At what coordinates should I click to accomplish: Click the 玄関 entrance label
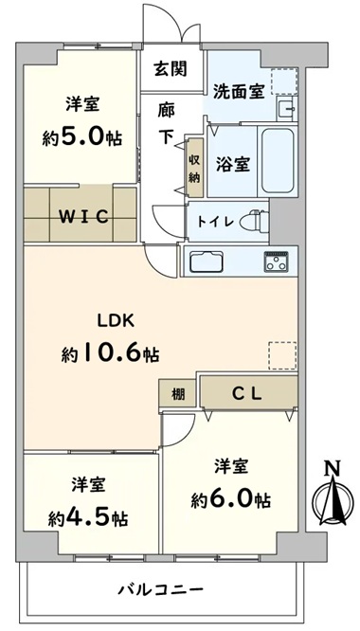click(171, 69)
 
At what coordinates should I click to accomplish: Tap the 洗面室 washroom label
click(239, 92)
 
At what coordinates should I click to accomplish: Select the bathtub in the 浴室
click(278, 160)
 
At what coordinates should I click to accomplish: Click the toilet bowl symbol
click(253, 221)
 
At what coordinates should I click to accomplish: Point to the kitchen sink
click(207, 261)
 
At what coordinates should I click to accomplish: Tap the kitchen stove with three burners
click(276, 261)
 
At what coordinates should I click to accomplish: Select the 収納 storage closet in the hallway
click(194, 168)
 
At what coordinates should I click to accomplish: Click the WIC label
click(84, 217)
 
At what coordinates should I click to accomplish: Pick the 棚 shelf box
click(178, 394)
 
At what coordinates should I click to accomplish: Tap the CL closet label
click(247, 393)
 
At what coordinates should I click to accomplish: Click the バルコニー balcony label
click(160, 590)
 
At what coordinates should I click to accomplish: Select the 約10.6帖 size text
click(110, 353)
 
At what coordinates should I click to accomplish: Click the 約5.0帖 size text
click(82, 138)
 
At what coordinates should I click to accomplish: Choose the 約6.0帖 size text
click(230, 499)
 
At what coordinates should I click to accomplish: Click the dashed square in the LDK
click(282, 355)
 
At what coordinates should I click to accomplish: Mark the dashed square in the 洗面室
click(284, 81)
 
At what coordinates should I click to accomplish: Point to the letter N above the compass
click(333, 468)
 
